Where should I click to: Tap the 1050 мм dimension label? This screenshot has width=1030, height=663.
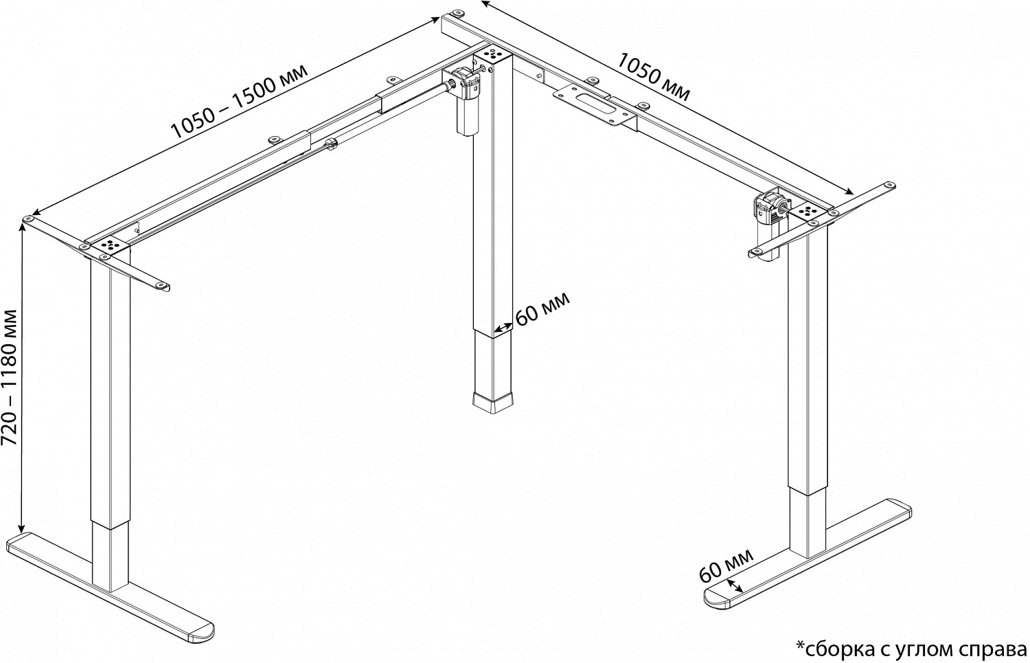point(652,76)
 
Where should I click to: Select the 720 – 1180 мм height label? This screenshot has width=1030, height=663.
point(12,376)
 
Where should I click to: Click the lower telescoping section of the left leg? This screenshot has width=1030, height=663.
point(110,557)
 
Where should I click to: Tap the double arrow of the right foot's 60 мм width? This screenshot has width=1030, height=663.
point(735,585)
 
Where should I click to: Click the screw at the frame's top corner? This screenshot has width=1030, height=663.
point(455,13)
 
